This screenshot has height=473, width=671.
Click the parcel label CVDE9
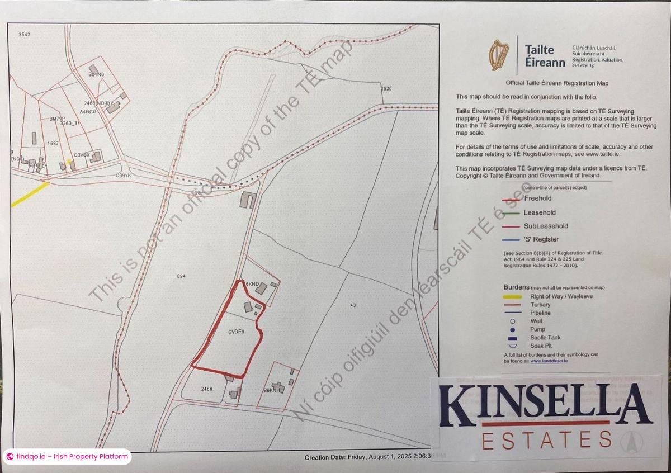click(236, 331)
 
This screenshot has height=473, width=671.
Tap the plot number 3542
click(24, 35)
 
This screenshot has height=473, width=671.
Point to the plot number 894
click(181, 276)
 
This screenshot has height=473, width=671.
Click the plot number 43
click(352, 305)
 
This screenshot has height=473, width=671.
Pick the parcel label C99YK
click(122, 176)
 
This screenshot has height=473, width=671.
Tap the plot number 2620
click(386, 89)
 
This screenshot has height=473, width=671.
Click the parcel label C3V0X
click(82, 155)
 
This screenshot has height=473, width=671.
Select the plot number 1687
click(53, 144)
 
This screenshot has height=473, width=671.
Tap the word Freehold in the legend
click(537, 198)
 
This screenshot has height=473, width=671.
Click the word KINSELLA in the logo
click(545, 407)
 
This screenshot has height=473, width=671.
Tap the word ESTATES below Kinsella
click(546, 440)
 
